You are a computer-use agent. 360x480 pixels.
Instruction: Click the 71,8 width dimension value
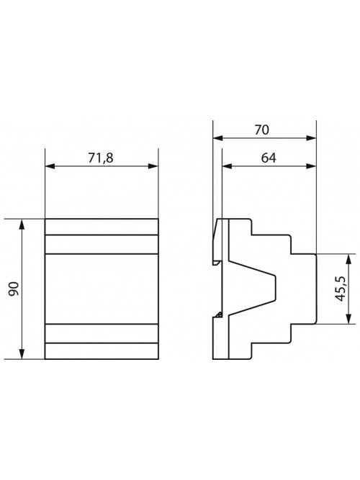pyautogui.click(x=101, y=158)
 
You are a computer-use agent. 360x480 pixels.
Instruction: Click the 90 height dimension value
pyautogui.click(x=14, y=289)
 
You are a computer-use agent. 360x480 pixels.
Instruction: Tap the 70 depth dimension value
pyautogui.click(x=261, y=130)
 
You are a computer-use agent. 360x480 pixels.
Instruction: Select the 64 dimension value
pyautogui.click(x=269, y=158)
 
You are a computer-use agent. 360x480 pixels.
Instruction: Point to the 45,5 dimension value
pyautogui.click(x=341, y=289)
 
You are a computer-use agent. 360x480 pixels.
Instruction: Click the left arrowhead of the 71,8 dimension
pyautogui.click(x=50, y=166)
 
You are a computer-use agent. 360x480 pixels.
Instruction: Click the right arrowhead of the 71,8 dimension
pyautogui.click(x=153, y=166)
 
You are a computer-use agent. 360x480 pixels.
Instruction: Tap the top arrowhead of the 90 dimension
pyautogui.click(x=22, y=225)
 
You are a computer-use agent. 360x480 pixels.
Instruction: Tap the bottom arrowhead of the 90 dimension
pyautogui.click(x=22, y=353)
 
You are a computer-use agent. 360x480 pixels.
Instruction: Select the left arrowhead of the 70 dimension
pyautogui.click(x=218, y=138)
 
